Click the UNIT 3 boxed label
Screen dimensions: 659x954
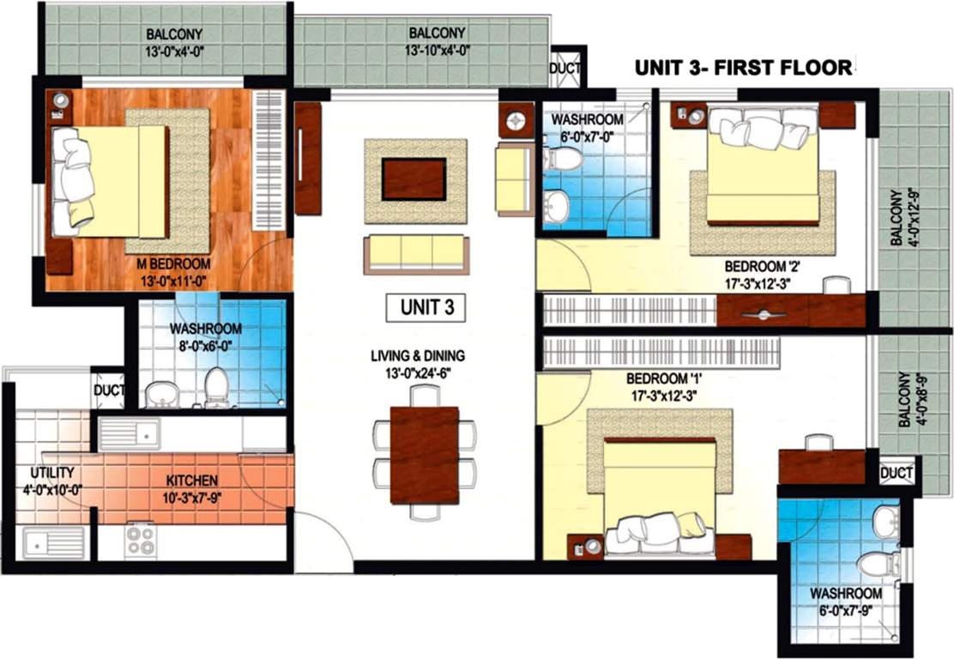click(426, 308)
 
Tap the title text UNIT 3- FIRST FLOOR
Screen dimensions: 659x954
click(744, 67)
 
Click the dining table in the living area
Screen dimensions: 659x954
click(424, 454)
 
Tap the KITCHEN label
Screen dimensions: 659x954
click(193, 481)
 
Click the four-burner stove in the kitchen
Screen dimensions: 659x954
click(141, 541)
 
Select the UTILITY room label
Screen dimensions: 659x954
click(52, 473)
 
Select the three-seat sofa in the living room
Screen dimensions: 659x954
click(416, 253)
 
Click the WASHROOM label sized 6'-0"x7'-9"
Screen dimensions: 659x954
click(846, 594)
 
